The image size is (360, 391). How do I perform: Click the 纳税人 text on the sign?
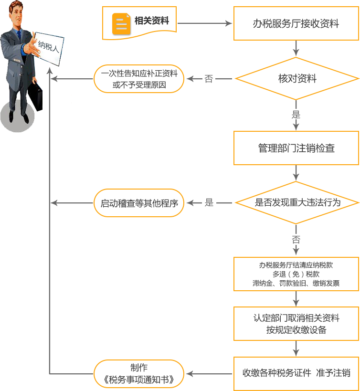[48, 47]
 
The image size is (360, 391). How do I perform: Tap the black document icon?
[121, 24]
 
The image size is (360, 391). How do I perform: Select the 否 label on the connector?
[209, 79]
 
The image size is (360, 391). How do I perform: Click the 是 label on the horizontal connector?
[209, 203]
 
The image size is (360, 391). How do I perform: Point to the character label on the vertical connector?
[296, 115]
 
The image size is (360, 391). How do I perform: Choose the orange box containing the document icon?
[139, 23]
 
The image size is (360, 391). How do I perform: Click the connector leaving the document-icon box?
[205, 23]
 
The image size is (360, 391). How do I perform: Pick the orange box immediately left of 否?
[139, 79]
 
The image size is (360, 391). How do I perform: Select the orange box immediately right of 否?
[297, 78]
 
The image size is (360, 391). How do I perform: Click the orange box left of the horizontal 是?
[139, 203]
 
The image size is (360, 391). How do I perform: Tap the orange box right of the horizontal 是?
[297, 203]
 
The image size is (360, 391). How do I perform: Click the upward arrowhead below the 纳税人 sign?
[50, 70]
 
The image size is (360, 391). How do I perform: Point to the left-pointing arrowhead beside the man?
[54, 79]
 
